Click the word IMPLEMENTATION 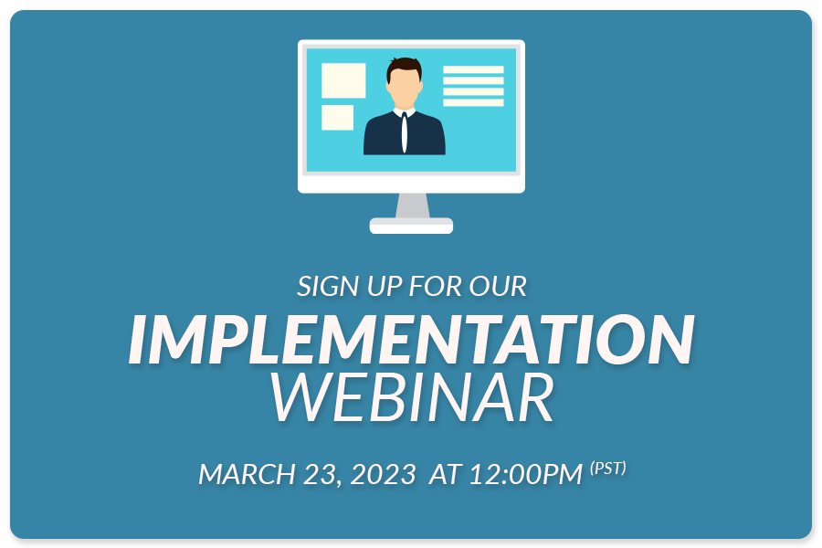[x=412, y=339]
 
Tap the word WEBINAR [x=412, y=397]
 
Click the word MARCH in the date [x=247, y=474]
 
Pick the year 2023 [x=384, y=474]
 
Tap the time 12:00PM [x=526, y=474]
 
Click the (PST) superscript [x=608, y=468]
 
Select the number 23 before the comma [x=320, y=474]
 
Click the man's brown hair [x=405, y=67]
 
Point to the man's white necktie [x=405, y=132]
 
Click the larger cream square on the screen [x=343, y=80]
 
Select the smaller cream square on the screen [x=337, y=118]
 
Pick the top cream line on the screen [x=473, y=69]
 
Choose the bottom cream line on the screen [x=473, y=103]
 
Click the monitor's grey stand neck [x=412, y=205]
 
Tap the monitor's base [x=412, y=226]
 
